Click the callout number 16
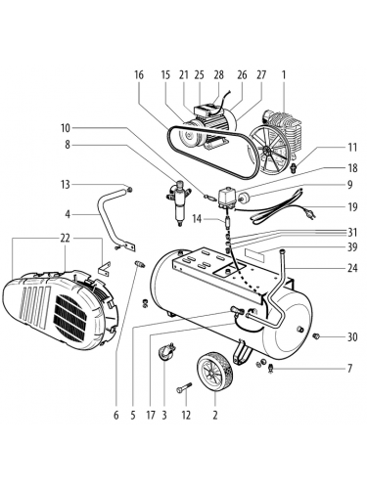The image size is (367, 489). [139, 75]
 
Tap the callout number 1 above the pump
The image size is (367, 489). [284, 75]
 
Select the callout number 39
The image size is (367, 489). [352, 246]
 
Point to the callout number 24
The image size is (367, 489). [352, 268]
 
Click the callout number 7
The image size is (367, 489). [349, 369]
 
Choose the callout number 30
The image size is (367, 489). [352, 336]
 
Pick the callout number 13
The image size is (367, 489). [66, 185]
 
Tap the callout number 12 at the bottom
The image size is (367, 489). [186, 416]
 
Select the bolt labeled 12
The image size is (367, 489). [184, 388]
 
